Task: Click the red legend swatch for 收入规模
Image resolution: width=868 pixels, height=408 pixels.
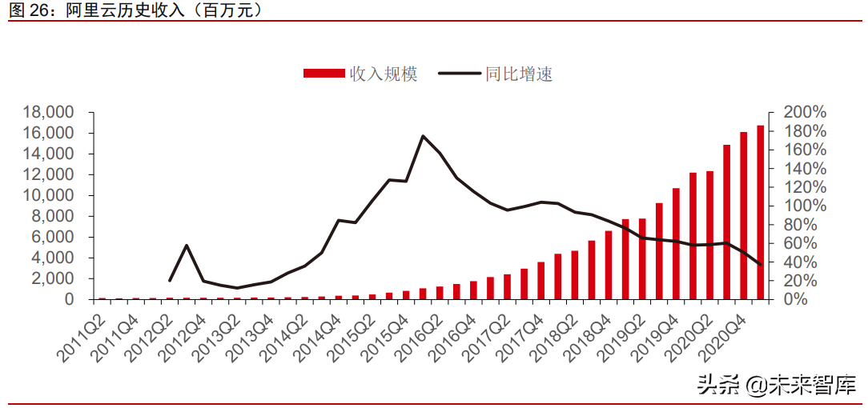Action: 325,74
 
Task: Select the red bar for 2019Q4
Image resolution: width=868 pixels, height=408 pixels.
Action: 676,244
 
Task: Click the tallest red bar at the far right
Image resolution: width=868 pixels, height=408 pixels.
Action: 761,213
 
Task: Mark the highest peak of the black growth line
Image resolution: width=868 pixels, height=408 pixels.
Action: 423,136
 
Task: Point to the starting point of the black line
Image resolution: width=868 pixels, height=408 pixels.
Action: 170,280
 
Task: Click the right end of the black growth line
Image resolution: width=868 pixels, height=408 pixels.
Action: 761,265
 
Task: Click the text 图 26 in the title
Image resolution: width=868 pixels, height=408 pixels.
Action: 29,10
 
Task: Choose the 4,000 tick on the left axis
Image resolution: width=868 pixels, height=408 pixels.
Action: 54,258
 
